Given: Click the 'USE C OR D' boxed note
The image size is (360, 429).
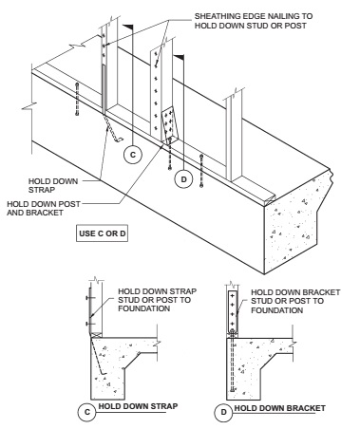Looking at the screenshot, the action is [x=102, y=233].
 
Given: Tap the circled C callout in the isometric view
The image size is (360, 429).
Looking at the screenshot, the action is [x=133, y=155].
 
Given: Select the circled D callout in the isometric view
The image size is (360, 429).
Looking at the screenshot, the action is [x=184, y=179].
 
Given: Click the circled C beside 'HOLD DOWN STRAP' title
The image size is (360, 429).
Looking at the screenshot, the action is [x=87, y=412].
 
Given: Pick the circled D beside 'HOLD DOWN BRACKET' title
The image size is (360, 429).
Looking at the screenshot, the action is [x=223, y=412].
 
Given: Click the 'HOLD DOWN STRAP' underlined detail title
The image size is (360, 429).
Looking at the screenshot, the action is [x=138, y=406].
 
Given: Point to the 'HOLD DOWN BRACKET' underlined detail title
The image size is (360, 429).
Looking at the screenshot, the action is [x=280, y=408].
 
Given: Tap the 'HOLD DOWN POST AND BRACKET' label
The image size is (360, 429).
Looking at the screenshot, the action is [x=44, y=208].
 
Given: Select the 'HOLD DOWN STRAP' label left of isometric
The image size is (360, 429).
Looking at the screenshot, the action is [x=53, y=185].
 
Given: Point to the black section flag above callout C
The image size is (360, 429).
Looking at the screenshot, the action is [x=128, y=28].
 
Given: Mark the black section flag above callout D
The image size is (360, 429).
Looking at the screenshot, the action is [x=179, y=58].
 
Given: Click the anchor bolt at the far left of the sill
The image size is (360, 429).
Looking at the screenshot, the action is [x=77, y=99].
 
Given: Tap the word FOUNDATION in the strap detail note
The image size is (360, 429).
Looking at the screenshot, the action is [x=144, y=308].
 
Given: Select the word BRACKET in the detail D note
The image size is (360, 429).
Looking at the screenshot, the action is [x=320, y=292].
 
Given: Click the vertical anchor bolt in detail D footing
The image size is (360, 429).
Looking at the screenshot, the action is [x=233, y=361].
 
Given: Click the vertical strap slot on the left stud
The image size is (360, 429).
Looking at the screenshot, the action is [x=104, y=89].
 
